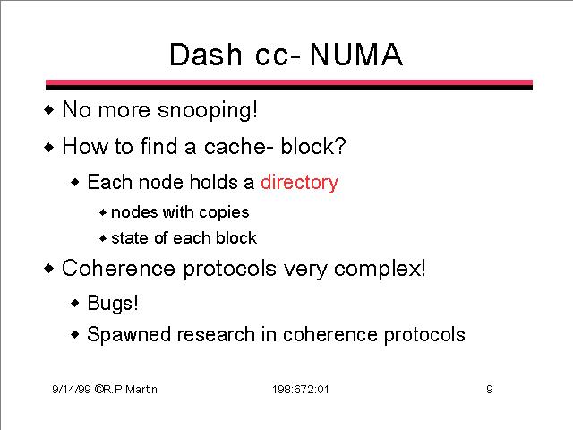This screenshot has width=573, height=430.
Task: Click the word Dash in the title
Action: click(205, 55)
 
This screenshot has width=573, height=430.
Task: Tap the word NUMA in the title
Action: click(356, 55)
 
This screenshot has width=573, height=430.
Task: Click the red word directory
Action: click(299, 183)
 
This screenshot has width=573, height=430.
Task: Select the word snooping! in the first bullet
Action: click(208, 110)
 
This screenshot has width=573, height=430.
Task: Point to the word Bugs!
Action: click(113, 304)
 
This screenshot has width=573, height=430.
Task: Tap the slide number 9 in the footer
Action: click(490, 390)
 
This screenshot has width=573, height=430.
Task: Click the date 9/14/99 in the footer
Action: click(72, 390)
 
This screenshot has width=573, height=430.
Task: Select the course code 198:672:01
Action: click(301, 390)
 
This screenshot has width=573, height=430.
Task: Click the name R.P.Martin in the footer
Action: click(130, 390)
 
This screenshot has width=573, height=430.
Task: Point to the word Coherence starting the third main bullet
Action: click(118, 269)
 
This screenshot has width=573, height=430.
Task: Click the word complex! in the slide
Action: click(380, 269)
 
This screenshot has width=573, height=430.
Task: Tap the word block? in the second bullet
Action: click(312, 147)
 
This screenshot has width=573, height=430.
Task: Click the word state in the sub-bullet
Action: click(130, 238)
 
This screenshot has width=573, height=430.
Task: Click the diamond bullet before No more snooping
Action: click(48, 109)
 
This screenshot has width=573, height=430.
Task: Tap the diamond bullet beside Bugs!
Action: click(75, 303)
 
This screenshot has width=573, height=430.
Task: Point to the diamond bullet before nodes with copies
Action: click(103, 212)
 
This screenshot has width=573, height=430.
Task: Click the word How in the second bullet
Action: click(85, 147)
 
